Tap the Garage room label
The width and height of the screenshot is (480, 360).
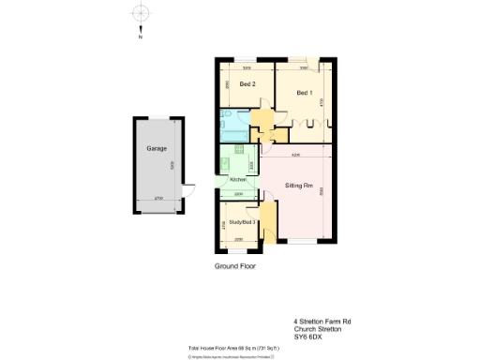[156, 149]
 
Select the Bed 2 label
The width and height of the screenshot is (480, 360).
[247, 85]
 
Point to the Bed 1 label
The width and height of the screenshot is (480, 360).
[304, 93]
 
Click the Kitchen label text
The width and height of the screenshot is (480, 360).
[237, 179]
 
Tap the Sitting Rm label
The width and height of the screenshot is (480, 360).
[298, 187]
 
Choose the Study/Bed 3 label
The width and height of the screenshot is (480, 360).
[243, 222]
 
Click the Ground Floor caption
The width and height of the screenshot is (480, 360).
[234, 266]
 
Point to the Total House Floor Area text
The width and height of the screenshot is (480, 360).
[231, 347]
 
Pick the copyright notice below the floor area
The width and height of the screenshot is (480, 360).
[232, 354]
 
